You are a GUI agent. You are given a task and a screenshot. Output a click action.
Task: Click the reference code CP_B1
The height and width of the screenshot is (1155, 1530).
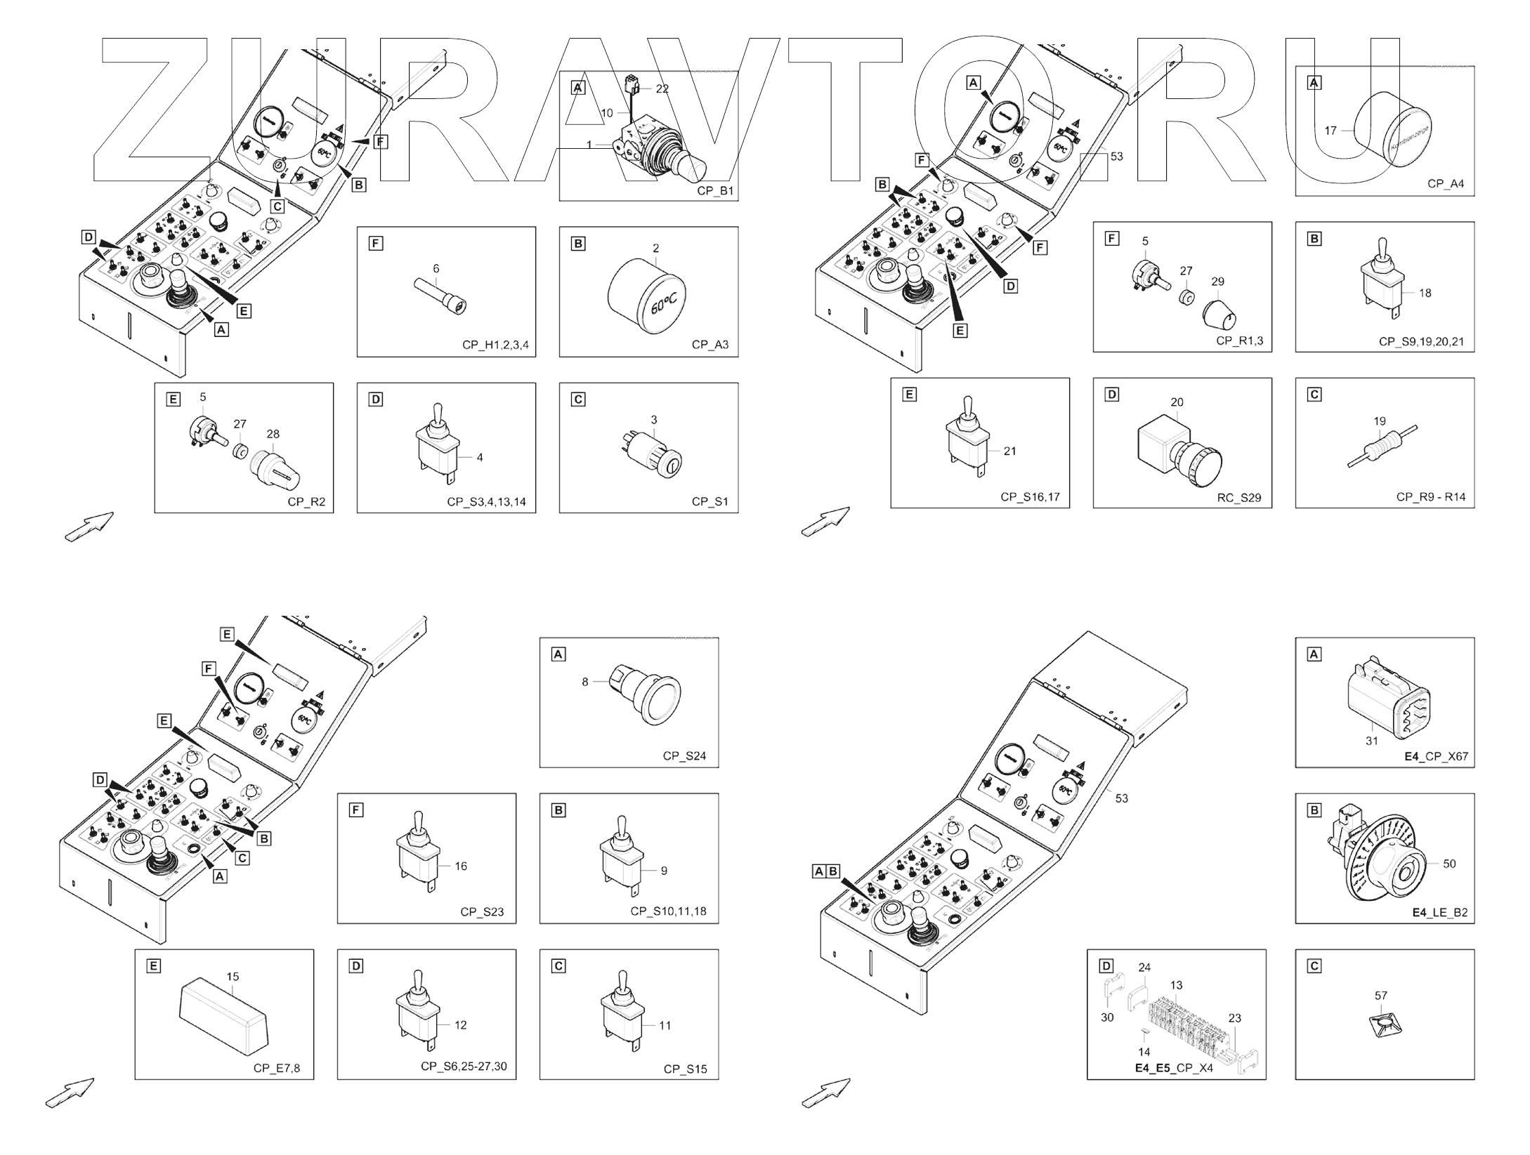[715, 190]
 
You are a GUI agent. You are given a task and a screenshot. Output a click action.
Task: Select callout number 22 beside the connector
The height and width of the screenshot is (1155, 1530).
[662, 89]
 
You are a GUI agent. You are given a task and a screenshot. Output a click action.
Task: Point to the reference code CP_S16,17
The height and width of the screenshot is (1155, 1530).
[1030, 497]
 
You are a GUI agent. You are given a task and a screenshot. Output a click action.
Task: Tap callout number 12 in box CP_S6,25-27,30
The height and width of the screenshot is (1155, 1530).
[460, 1025]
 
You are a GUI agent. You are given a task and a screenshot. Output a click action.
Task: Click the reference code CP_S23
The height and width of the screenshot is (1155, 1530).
[482, 912]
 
